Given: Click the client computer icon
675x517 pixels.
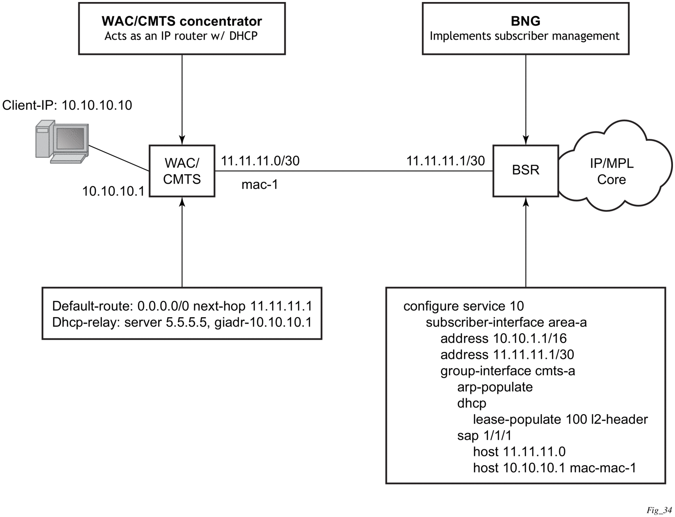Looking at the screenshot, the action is [62, 142].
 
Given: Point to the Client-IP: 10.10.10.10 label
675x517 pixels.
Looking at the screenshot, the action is [67, 105].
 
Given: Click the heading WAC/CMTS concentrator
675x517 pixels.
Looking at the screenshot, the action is [182, 21].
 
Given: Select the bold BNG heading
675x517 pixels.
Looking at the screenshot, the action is [525, 21].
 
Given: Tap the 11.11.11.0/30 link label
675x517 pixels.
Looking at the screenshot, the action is [260, 161].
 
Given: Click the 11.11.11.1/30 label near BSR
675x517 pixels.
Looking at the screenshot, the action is [446, 161].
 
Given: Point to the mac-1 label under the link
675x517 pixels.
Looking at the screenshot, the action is [260, 184].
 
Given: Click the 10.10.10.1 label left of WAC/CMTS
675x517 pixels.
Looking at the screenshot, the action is [113, 191].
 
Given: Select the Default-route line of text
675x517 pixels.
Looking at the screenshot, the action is [182, 306].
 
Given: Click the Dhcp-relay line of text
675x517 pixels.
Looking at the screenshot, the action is [182, 322].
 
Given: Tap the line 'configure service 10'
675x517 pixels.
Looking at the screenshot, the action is [463, 306].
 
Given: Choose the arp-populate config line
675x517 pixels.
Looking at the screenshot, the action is [495, 387].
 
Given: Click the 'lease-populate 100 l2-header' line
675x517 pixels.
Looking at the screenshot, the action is [561, 420].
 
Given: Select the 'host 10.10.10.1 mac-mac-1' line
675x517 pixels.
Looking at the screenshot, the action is [554, 468].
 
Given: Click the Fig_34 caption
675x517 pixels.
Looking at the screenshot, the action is [659, 510].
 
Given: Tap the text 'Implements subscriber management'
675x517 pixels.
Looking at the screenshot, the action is [525, 36].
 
